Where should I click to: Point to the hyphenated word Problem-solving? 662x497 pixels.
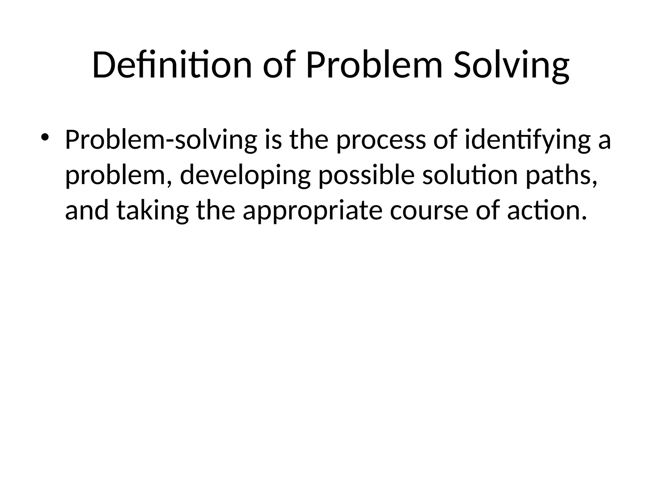point(161,140)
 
